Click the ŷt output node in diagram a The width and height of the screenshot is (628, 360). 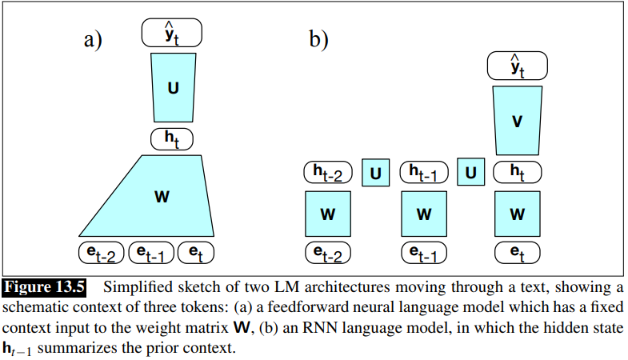[172, 33]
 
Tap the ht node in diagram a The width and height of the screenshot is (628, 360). [172, 138]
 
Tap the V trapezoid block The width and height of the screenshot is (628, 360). [518, 121]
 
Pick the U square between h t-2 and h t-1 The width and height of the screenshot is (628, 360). [375, 171]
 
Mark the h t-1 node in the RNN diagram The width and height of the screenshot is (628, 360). [424, 171]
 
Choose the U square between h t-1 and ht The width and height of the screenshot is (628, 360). [470, 171]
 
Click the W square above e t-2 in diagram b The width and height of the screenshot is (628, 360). [328, 214]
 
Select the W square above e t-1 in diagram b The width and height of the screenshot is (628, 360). [423, 214]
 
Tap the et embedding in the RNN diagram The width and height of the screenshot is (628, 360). [518, 252]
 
